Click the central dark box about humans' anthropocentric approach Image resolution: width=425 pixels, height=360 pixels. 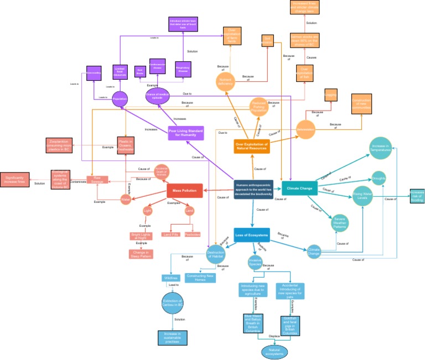[253, 189]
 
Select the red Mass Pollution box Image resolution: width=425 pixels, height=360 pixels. [185, 191]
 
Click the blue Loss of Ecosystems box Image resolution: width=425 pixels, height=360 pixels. [251, 235]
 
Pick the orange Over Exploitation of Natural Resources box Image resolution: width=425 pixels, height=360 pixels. [251, 147]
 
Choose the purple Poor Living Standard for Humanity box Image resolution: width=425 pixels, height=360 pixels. [186, 133]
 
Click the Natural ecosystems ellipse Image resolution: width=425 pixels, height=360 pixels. [274, 351]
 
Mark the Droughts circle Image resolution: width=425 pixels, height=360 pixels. [379, 179]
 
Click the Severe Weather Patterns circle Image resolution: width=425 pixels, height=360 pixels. [340, 222]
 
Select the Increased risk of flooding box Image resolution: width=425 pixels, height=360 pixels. [417, 196]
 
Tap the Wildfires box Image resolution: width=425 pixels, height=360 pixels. [170, 278]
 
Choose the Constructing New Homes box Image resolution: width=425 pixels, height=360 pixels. [200, 277]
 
